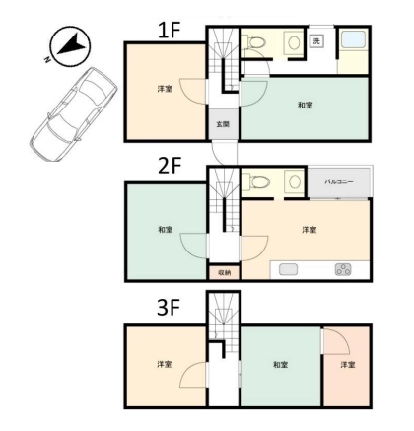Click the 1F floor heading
tap(170, 31)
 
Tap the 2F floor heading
tap(170, 166)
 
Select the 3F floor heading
tap(169, 308)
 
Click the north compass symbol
tap(70, 45)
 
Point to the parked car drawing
tap(73, 114)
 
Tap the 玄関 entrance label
tap(223, 124)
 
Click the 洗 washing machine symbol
tap(316, 41)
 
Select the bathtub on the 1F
tap(353, 40)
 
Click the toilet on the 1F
tap(257, 42)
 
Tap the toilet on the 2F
tap(257, 181)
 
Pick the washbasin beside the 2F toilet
tap(294, 181)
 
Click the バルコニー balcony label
tap(339, 181)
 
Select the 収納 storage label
tap(224, 272)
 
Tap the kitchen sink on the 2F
tap(289, 270)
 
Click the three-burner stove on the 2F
tap(343, 269)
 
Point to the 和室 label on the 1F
tap(305, 106)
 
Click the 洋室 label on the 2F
tap(310, 230)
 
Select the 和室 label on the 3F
tap(281, 365)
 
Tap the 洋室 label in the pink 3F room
tap(348, 365)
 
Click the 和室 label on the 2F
tap(166, 230)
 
